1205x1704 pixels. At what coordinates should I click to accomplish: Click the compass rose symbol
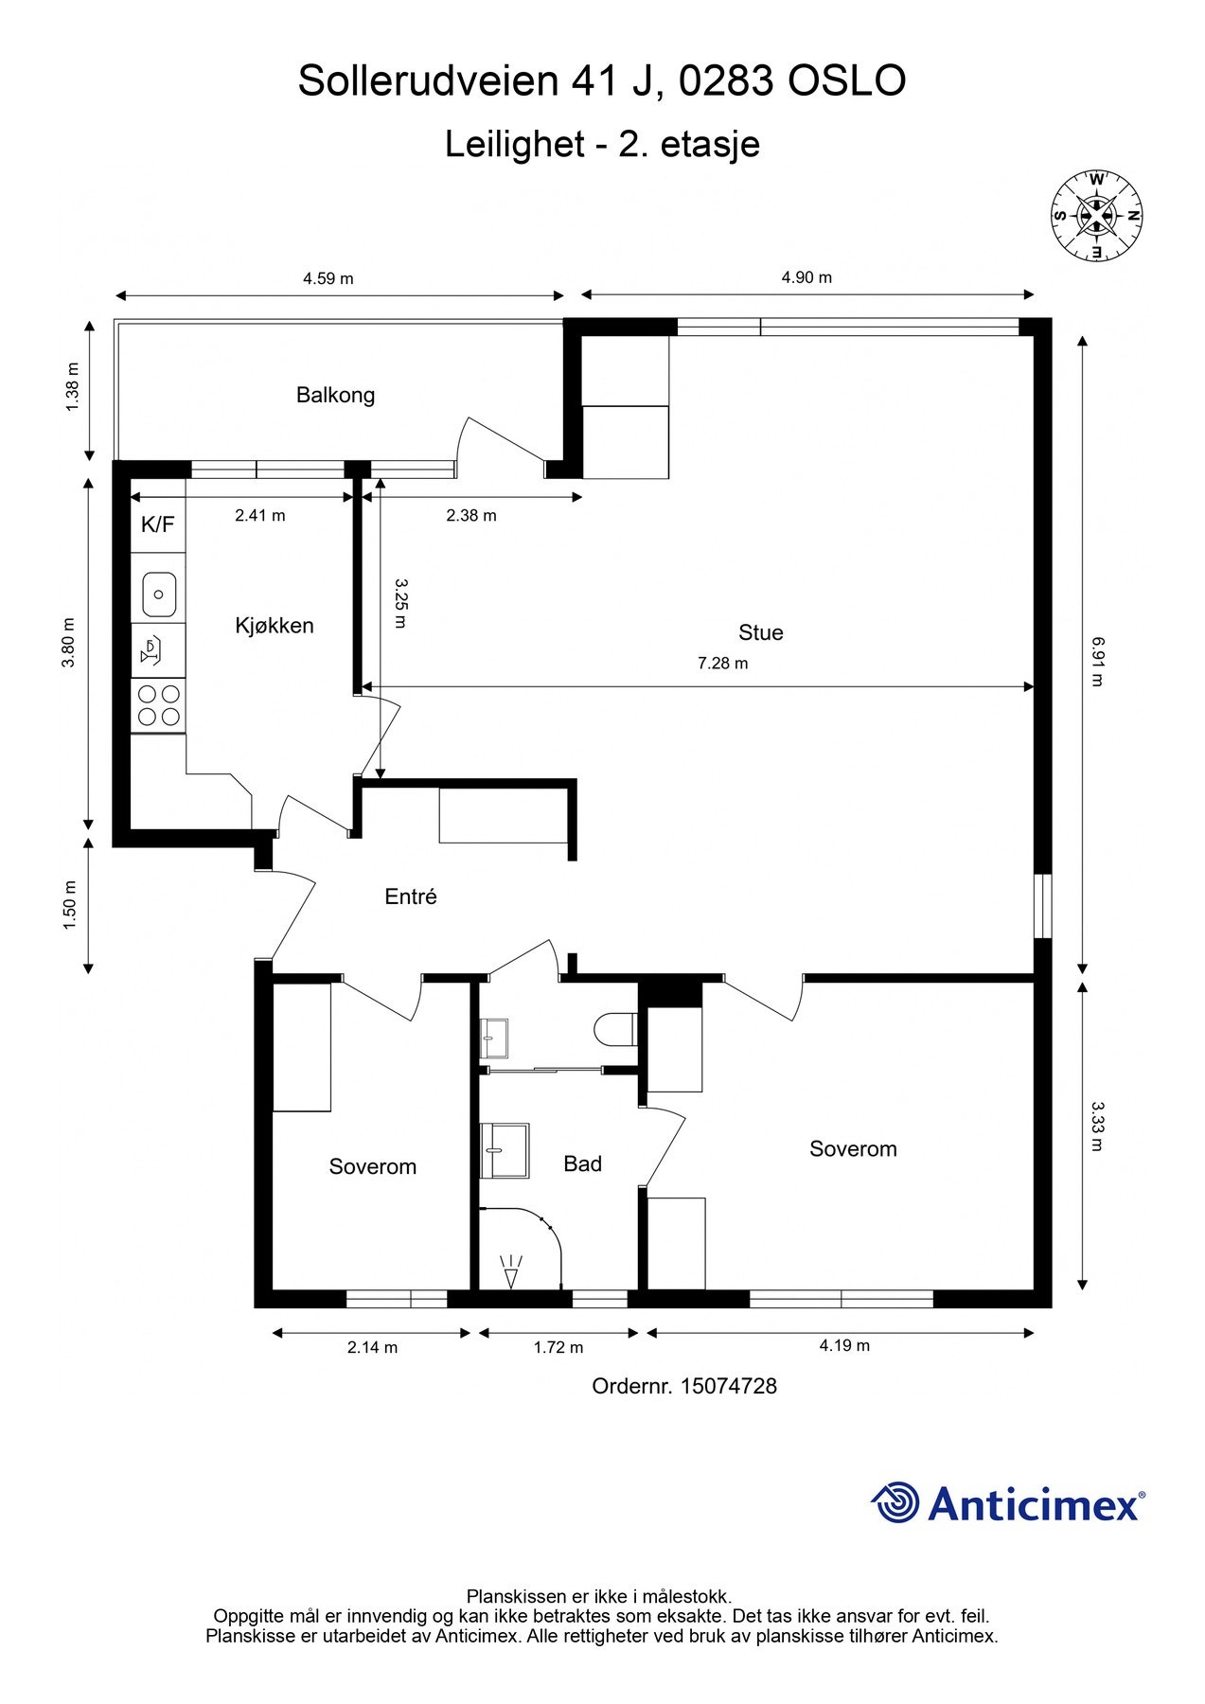pyautogui.click(x=1096, y=216)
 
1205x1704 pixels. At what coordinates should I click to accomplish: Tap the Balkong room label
pyautogui.click(x=335, y=395)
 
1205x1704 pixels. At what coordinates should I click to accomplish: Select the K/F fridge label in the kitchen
pyautogui.click(x=157, y=524)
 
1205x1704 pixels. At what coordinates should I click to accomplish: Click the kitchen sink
pyautogui.click(x=159, y=595)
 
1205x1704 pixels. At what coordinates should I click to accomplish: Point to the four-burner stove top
pyautogui.click(x=159, y=705)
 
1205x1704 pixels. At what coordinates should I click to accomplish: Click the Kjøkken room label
pyautogui.click(x=275, y=626)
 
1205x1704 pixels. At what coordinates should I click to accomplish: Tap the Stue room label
pyautogui.click(x=761, y=632)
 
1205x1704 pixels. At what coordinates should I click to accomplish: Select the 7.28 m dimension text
pyautogui.click(x=722, y=664)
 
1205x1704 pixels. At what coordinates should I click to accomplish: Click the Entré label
pyautogui.click(x=411, y=896)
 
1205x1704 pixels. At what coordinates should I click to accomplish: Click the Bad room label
pyautogui.click(x=583, y=1163)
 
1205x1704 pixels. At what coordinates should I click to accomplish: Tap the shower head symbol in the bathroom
pyautogui.click(x=511, y=1270)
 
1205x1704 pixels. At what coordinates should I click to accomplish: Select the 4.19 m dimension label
pyautogui.click(x=844, y=1345)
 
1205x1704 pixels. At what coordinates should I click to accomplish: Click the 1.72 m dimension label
pyautogui.click(x=558, y=1347)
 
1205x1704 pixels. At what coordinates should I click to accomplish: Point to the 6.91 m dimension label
pyautogui.click(x=1097, y=661)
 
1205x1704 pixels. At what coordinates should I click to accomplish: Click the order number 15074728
pyautogui.click(x=729, y=1386)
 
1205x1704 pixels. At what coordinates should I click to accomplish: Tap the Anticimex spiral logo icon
pyautogui.click(x=895, y=1502)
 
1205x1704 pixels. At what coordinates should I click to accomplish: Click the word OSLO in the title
pyautogui.click(x=847, y=81)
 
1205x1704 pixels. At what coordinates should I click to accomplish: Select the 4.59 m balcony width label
pyautogui.click(x=328, y=278)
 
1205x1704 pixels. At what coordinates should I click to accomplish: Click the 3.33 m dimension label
pyautogui.click(x=1097, y=1125)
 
